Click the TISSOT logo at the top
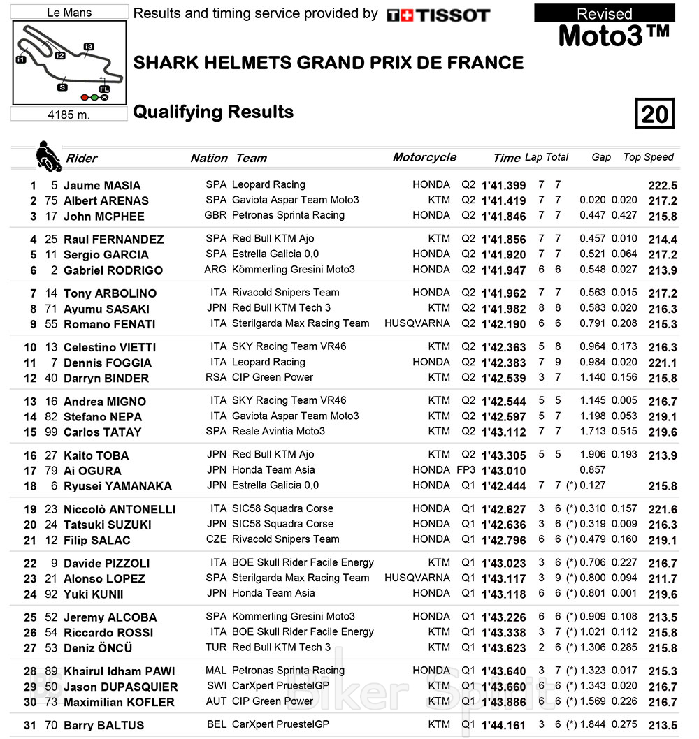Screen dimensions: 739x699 [438, 15]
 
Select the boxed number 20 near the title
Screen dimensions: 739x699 [655, 113]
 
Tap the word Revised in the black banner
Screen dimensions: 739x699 [605, 13]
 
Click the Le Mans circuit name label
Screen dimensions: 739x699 [69, 12]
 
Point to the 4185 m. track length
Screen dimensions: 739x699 [69, 115]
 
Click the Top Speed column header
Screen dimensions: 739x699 [648, 157]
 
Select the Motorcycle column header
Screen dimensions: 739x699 [424, 157]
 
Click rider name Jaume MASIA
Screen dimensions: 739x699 [102, 185]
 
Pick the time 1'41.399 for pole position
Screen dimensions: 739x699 [503, 185]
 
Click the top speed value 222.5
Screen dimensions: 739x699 [663, 185]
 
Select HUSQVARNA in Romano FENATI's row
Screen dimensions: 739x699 [417, 323]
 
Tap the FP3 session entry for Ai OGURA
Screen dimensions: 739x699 [466, 470]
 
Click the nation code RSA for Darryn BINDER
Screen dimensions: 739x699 [216, 377]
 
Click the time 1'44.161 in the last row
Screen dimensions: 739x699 [503, 725]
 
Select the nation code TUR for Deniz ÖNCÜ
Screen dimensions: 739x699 [216, 647]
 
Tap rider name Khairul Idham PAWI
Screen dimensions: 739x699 [119, 671]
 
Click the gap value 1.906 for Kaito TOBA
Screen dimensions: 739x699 [593, 455]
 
